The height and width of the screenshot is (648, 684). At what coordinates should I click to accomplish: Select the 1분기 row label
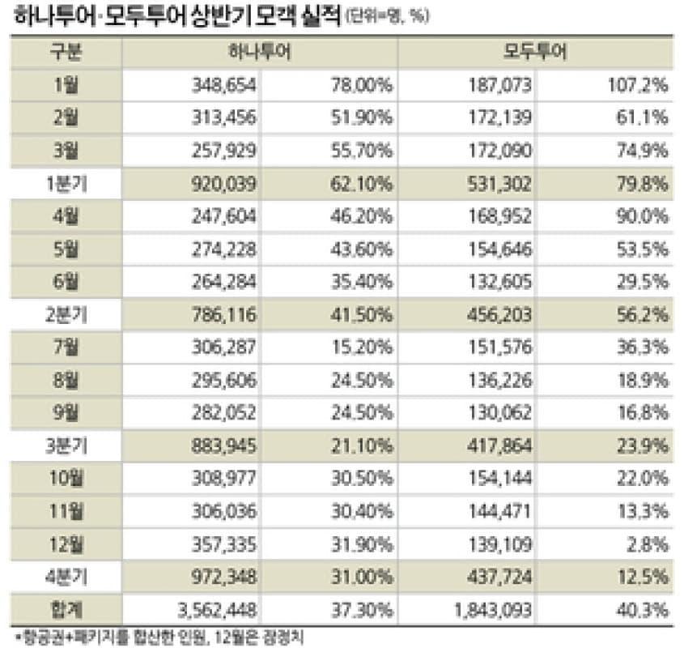click(x=66, y=183)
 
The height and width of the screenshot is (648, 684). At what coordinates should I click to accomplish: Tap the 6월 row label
click(x=66, y=282)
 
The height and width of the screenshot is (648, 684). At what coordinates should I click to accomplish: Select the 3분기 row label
click(x=66, y=446)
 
